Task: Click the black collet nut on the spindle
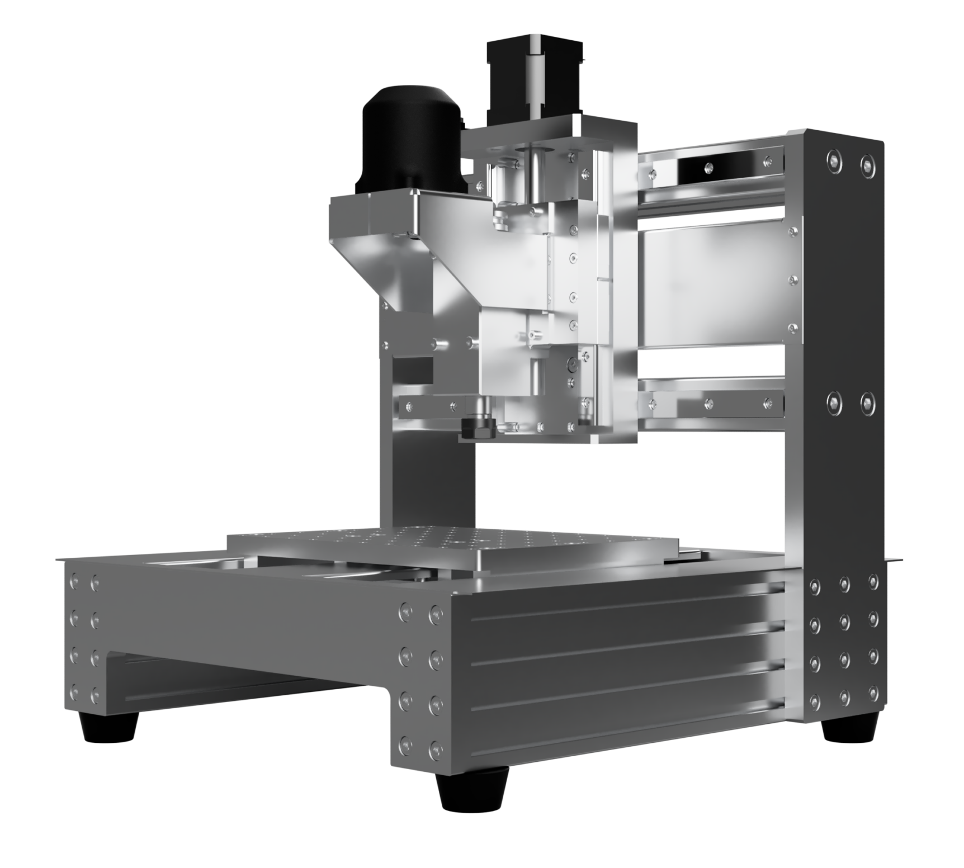tap(479, 427)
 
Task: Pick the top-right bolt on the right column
tap(866, 163)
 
